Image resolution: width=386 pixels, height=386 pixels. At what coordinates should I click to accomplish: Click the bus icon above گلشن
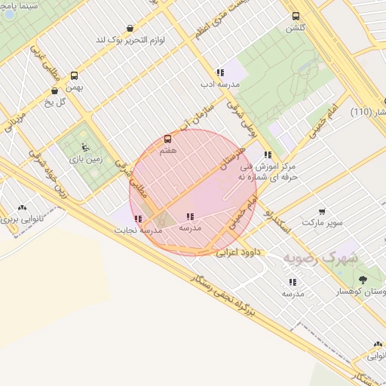295,15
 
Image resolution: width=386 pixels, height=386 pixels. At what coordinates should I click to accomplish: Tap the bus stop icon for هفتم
167,139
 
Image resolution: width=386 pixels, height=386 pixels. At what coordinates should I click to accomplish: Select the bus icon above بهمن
74,75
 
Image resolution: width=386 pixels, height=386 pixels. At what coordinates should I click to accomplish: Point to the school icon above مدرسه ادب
220,73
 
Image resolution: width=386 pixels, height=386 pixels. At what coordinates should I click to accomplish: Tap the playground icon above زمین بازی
84,147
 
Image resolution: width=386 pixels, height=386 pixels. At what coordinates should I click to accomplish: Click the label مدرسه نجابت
136,231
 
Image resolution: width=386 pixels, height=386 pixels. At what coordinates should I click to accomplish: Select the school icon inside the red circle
189,217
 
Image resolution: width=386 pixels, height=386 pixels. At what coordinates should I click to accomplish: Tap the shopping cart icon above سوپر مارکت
322,212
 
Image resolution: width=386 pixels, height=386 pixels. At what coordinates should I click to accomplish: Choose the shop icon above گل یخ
55,91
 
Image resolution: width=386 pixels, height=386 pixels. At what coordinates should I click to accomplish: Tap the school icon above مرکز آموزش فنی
268,155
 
